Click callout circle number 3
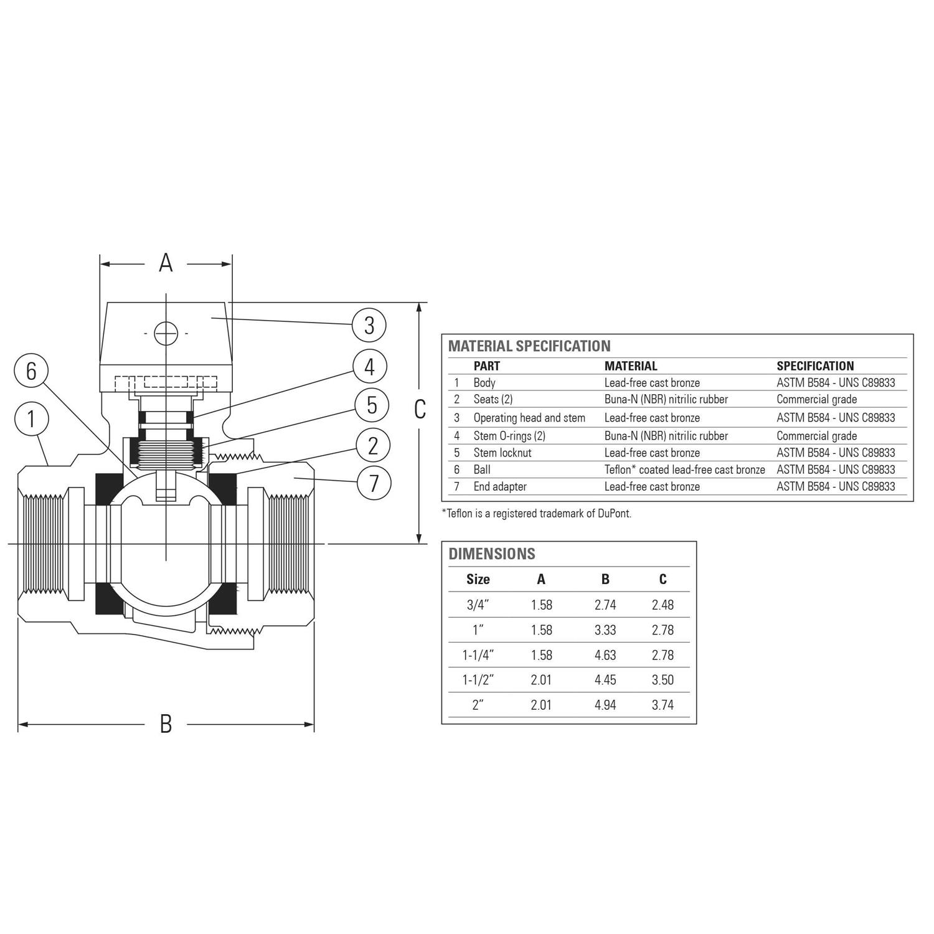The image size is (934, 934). [369, 324]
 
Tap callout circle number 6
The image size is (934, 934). [31, 371]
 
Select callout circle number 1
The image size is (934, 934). [31, 420]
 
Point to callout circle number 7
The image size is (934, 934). [374, 483]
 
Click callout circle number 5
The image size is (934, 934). [372, 405]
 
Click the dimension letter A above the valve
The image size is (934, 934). [166, 263]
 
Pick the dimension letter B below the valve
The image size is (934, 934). [166, 724]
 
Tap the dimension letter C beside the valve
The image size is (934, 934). [420, 409]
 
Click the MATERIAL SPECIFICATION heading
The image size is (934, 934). [529, 346]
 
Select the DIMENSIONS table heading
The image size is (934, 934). [492, 554]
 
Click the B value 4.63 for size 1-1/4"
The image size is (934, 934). [605, 655]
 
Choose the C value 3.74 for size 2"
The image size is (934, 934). [663, 705]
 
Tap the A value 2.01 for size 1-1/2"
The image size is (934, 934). [541, 680]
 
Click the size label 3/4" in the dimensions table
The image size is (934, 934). [478, 605]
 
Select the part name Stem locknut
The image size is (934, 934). [502, 453]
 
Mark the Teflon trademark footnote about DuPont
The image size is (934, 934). [537, 514]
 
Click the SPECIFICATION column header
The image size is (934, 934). [815, 366]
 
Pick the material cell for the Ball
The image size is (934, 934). [684, 469]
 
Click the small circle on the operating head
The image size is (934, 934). [166, 333]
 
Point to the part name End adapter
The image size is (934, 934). [500, 486]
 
